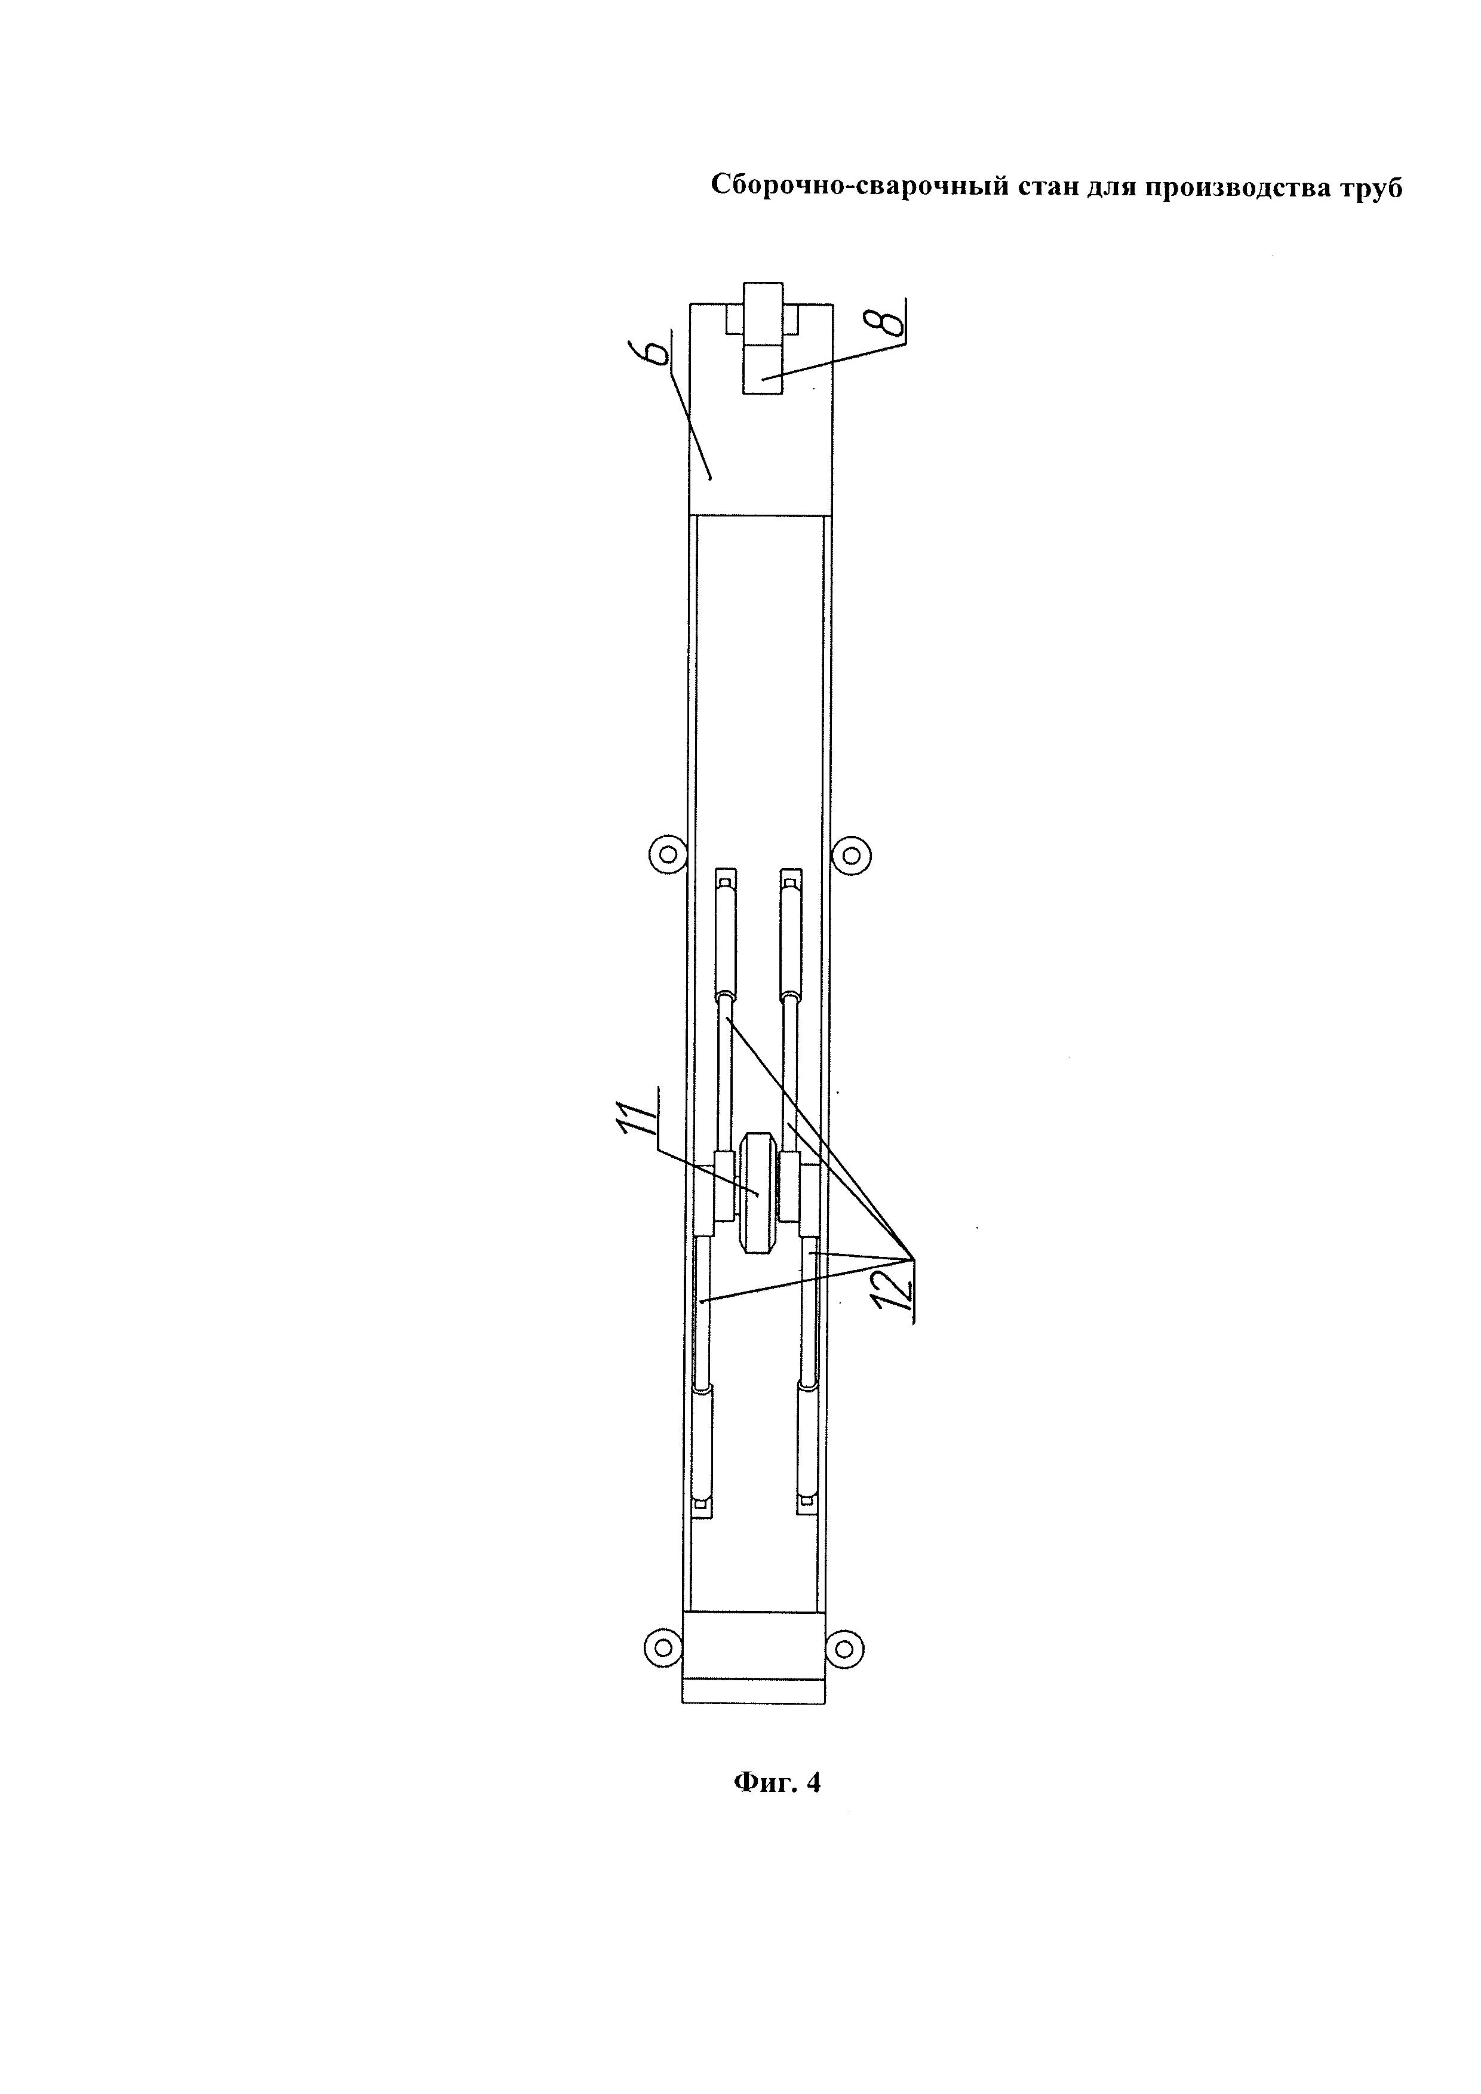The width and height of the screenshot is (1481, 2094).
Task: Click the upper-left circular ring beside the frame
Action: click(x=668, y=854)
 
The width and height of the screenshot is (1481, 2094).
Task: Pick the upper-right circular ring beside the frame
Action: click(x=851, y=854)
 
